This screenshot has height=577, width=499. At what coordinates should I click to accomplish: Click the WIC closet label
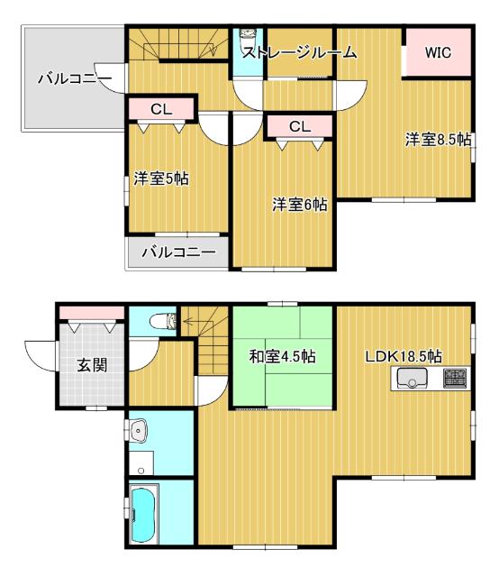[438, 53]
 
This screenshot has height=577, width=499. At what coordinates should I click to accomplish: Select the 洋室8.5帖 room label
[437, 140]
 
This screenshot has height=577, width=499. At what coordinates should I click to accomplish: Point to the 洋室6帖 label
[299, 206]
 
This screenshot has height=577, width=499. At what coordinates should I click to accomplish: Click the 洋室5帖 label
[161, 179]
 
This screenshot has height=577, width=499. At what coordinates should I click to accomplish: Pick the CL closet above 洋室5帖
[160, 109]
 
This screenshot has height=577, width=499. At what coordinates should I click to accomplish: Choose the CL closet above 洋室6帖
[299, 127]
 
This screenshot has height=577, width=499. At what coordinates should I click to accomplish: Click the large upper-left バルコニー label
[74, 79]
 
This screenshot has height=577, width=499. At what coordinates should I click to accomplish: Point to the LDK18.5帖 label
[403, 355]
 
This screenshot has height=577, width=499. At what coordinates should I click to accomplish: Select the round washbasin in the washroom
[137, 432]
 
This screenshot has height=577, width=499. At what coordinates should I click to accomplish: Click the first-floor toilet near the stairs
[162, 320]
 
